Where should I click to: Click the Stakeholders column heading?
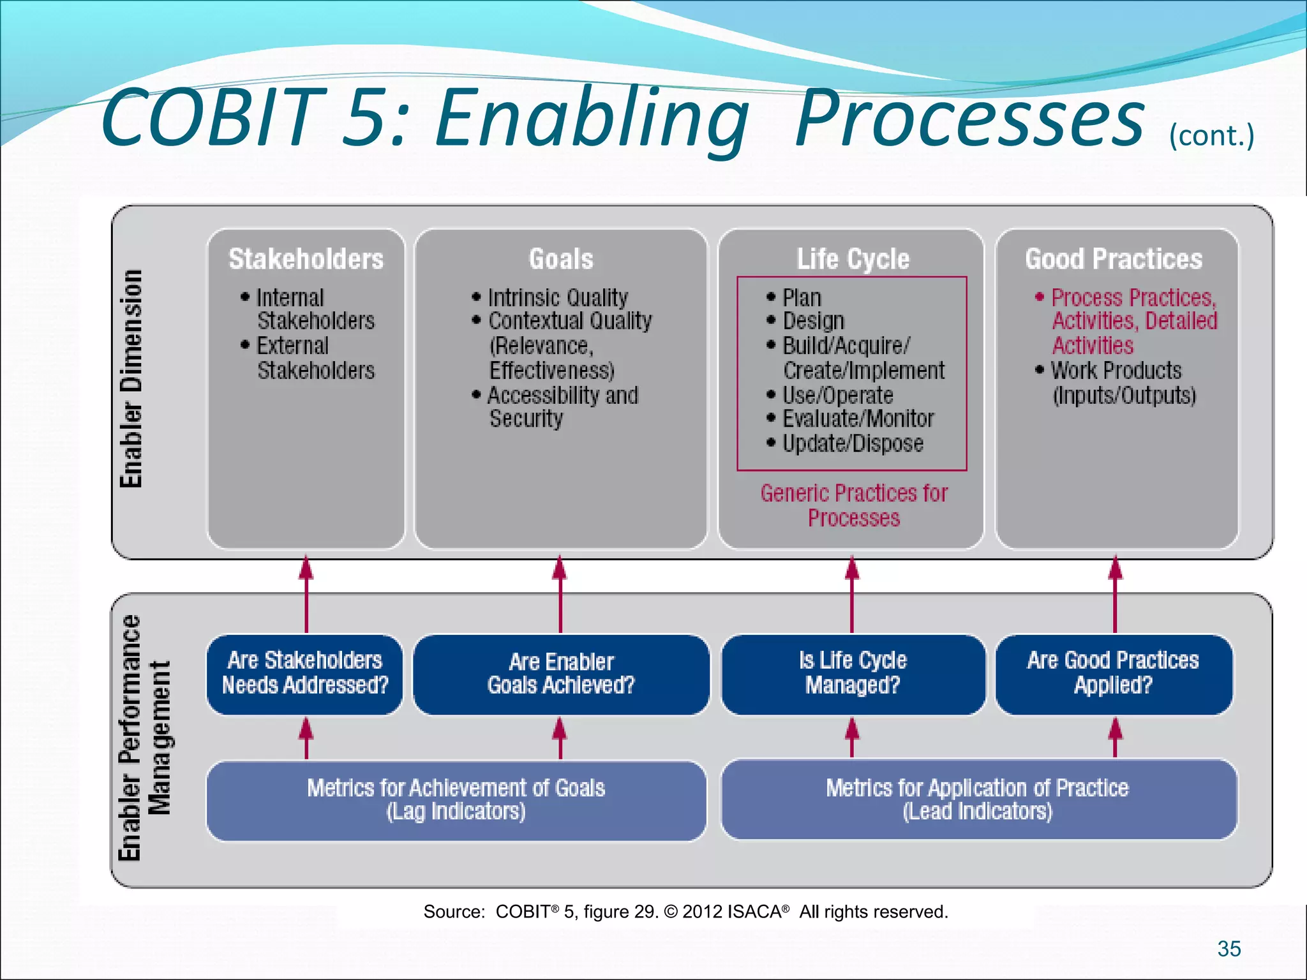point(306,259)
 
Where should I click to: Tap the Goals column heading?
point(560,259)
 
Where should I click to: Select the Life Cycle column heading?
point(853,259)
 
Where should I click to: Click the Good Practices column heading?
point(1114,259)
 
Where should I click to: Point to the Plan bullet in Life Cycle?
point(802,298)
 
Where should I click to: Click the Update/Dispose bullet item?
point(853,443)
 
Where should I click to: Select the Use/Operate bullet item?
point(837,396)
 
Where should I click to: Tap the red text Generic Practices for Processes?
point(854,505)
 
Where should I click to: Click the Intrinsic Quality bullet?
point(557,298)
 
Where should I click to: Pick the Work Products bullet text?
point(1116,371)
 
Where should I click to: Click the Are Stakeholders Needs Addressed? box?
point(305,674)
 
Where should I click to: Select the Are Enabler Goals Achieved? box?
point(561,674)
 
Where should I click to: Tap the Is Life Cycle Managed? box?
point(853,674)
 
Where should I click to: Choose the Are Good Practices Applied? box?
point(1113,674)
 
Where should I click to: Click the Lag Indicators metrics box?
point(456,800)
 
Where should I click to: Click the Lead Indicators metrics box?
point(978,800)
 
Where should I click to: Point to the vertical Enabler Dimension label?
point(131,379)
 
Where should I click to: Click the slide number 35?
point(1229,949)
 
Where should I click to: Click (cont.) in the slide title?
point(1211,136)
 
